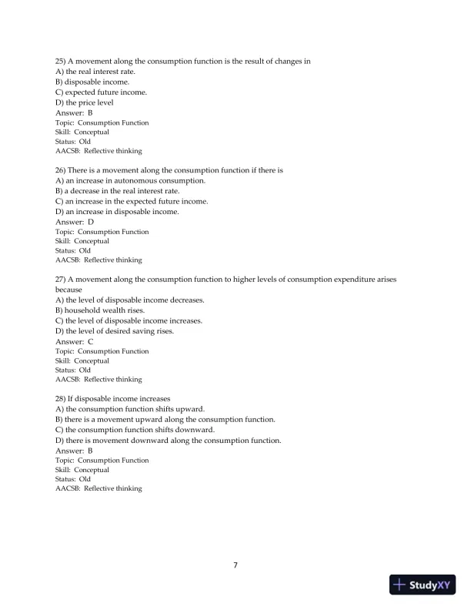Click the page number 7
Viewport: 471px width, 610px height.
pos(235,566)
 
